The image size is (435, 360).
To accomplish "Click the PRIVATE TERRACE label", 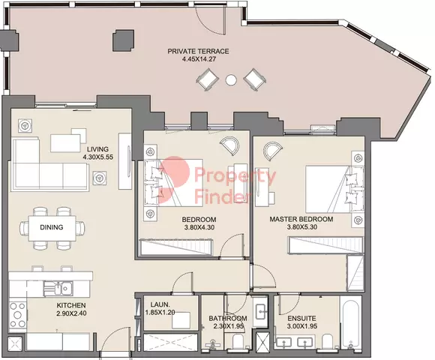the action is [198, 51].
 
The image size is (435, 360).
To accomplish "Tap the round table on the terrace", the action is [231, 80].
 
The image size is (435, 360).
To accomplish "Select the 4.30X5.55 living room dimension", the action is [98, 157].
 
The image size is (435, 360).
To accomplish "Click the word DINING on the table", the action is [52, 227].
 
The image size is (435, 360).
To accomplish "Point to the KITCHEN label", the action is [71, 305].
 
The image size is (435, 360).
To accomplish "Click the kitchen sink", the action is [58, 289].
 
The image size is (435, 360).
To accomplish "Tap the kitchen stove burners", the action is [18, 315].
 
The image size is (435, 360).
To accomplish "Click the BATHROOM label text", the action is [228, 319].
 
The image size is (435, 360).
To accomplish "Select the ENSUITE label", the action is [301, 319].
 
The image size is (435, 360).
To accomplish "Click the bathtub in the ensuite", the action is [351, 323].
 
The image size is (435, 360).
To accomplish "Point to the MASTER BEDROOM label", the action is [301, 219].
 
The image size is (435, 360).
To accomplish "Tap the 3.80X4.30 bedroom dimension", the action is [199, 228].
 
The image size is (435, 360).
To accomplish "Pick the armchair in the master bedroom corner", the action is [273, 151].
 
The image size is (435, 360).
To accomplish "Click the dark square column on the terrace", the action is [123, 40].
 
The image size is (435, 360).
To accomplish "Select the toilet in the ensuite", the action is [327, 340].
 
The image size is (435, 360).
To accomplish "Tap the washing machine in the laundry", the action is [181, 320].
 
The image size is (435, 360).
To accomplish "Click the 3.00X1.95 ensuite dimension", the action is [302, 326].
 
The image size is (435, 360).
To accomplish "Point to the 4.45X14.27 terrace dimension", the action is [199, 59].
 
